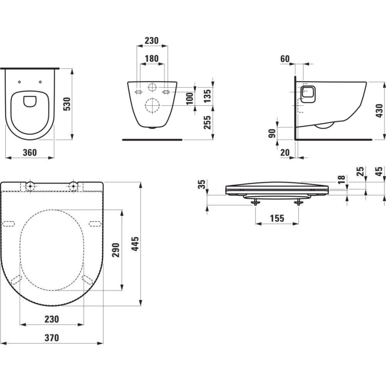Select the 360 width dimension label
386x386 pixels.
pos(29,152)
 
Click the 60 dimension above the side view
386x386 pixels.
pos(285,58)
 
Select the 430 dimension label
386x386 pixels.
pos(378,109)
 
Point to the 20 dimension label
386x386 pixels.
pos(285,152)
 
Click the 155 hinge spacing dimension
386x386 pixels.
pos(276,218)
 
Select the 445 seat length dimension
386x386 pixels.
pos(136,244)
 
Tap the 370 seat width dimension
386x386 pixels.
pos(52,338)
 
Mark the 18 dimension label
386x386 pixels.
pos(342,180)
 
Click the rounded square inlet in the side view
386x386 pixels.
pos(308,93)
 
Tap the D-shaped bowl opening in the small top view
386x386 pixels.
pos(30,101)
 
